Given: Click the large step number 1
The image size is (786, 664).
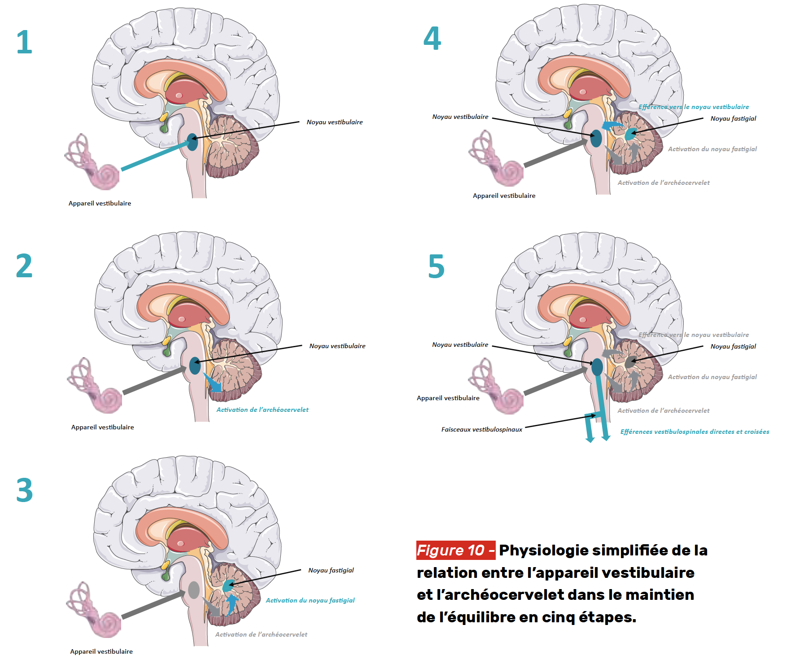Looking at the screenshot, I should coord(24,42).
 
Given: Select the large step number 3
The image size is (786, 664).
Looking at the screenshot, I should coord(24,490).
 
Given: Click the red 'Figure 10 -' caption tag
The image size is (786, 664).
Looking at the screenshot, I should coord(455,550).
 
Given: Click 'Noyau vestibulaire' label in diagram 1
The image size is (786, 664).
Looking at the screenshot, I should coord(335,122).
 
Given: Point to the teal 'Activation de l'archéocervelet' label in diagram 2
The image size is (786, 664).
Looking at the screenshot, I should coord(262,410).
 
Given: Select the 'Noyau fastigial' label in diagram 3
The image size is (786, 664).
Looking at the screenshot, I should coord(331,570).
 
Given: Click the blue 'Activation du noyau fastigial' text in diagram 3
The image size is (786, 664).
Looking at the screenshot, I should coord(310,600).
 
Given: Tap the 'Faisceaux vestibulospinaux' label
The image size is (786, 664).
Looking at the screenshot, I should coord(482,429).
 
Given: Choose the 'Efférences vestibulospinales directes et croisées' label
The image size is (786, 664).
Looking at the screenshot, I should coord(694,432).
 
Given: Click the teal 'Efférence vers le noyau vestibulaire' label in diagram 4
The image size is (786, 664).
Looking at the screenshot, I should coord(694,107).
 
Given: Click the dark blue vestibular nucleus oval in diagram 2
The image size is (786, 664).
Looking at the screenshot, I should coord(195,366).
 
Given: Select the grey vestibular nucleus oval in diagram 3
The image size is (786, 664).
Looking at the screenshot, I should coord(193,590).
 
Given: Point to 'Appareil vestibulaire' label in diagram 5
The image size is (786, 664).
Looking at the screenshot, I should coord(448,398).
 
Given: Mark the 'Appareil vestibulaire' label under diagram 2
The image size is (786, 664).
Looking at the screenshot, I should coord(102,427).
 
